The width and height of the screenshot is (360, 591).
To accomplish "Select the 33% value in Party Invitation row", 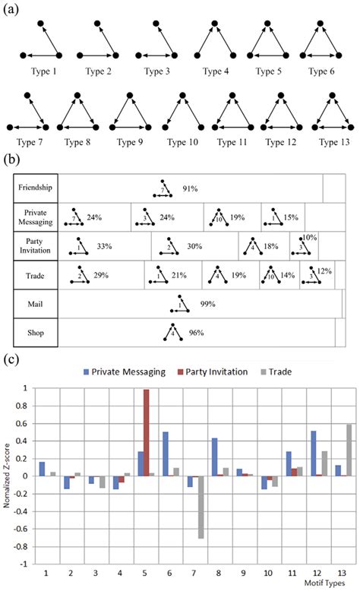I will click(x=104, y=246).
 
